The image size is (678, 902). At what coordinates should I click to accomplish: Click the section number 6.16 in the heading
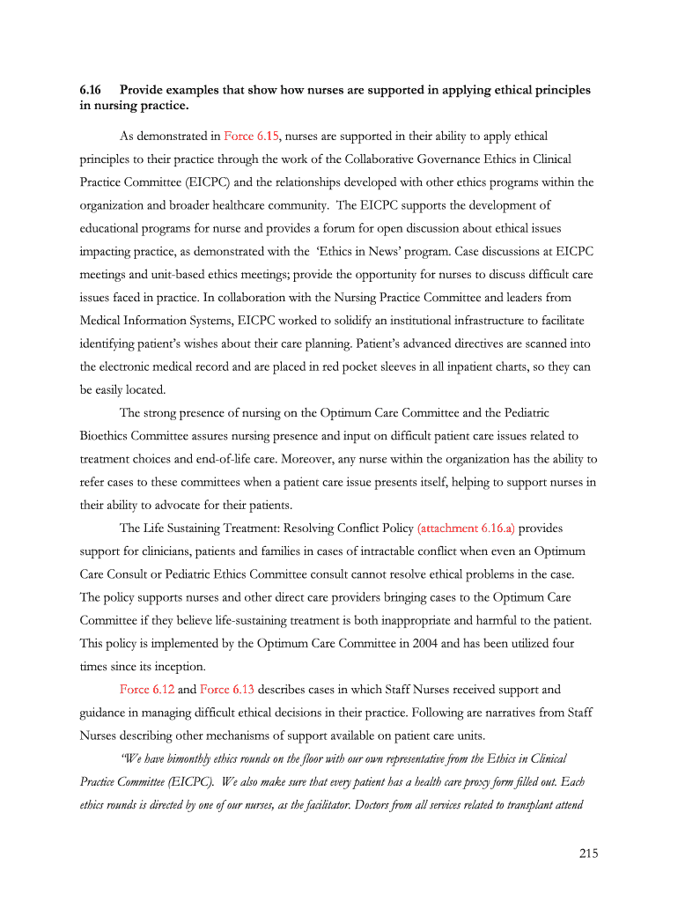[x=91, y=90]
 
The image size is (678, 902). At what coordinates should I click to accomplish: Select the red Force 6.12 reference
[x=147, y=689]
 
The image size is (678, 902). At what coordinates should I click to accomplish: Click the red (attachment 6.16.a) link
[x=466, y=529]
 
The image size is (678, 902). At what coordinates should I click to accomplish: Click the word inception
[x=180, y=666]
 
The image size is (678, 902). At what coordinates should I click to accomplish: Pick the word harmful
[x=475, y=620]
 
